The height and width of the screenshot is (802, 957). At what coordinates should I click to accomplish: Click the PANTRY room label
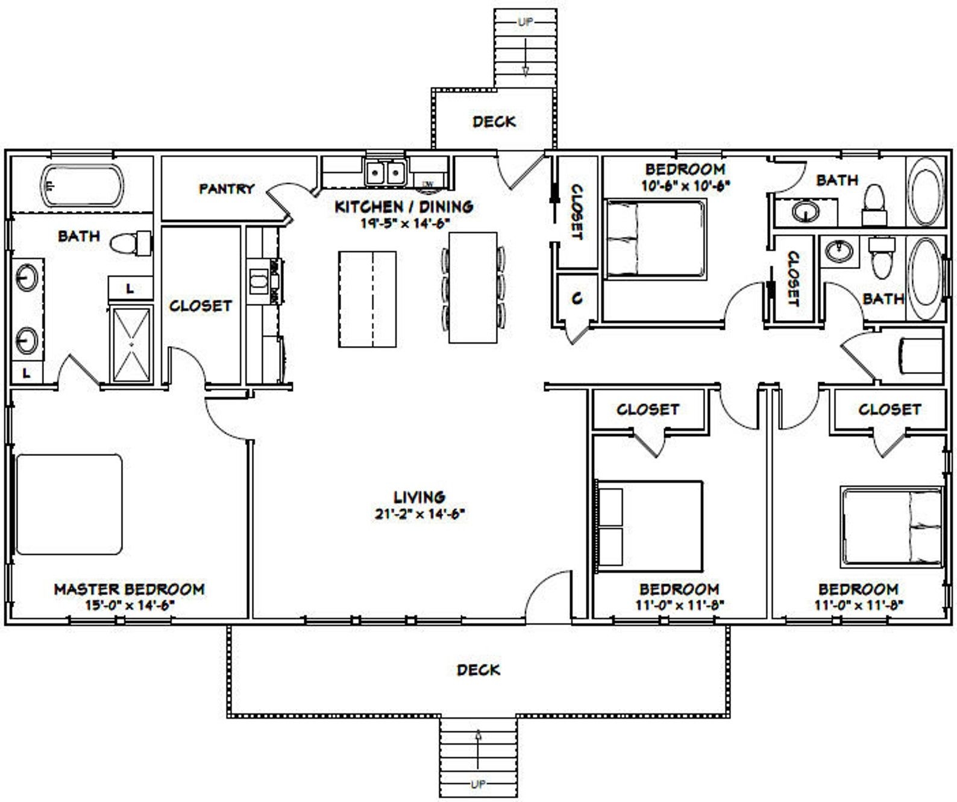pyautogui.click(x=227, y=189)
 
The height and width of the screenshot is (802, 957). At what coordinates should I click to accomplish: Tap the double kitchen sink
pyautogui.click(x=384, y=174)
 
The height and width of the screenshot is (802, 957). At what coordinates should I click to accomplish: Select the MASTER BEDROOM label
pyautogui.click(x=129, y=589)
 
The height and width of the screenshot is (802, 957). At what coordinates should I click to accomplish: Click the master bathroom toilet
pyautogui.click(x=130, y=243)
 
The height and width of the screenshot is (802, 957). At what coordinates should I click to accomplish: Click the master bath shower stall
pyautogui.click(x=131, y=344)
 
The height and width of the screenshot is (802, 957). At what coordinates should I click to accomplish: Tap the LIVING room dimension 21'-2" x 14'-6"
pyautogui.click(x=419, y=514)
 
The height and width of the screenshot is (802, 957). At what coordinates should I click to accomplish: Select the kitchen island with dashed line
pyautogui.click(x=367, y=299)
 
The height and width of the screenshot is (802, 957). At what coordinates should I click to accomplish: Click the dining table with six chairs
pyautogui.click(x=473, y=287)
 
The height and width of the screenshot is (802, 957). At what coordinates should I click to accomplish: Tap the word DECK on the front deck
pyautogui.click(x=478, y=670)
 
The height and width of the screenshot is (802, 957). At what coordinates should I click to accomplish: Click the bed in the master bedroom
pyautogui.click(x=69, y=504)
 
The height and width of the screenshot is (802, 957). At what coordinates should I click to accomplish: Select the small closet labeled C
pyautogui.click(x=577, y=298)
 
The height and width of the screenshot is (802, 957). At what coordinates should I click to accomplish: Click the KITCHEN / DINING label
pyautogui.click(x=404, y=207)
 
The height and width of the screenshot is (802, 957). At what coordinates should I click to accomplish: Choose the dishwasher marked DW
pyautogui.click(x=428, y=183)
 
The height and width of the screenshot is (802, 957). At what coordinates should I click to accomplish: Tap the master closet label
pyautogui.click(x=200, y=306)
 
